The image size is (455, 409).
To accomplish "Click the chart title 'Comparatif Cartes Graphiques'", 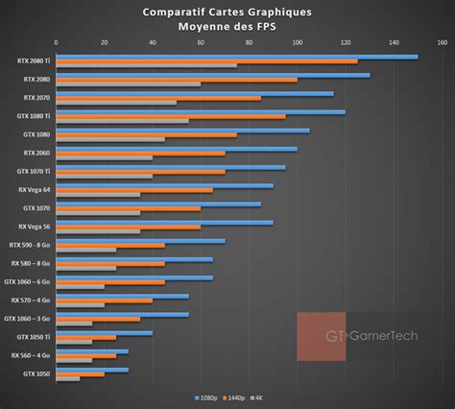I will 227,12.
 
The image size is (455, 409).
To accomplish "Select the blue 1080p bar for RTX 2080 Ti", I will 236,57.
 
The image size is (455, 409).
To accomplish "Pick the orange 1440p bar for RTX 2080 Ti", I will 206,61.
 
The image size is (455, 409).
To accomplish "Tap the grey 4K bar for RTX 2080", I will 129,84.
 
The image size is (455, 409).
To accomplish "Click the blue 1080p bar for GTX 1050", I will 92,369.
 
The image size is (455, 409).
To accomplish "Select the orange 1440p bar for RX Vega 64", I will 134,190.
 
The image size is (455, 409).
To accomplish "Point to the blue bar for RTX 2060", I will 177,149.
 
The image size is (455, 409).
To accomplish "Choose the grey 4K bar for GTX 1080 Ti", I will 122,121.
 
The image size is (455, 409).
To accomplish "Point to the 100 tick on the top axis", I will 297,43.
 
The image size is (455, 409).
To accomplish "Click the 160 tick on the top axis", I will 441,43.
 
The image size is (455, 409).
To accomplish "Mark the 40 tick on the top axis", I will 153,43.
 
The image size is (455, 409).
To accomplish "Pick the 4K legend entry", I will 256,397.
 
